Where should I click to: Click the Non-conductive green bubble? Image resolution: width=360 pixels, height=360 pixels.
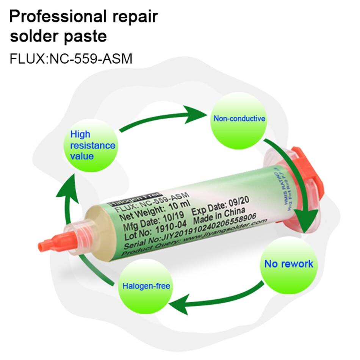coord(239,119)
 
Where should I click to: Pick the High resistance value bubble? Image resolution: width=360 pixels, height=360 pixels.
coord(92,145)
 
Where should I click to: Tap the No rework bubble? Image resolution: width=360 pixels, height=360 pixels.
coord(289,264)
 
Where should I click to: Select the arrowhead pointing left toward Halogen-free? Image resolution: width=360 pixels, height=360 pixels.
coord(178,304)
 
